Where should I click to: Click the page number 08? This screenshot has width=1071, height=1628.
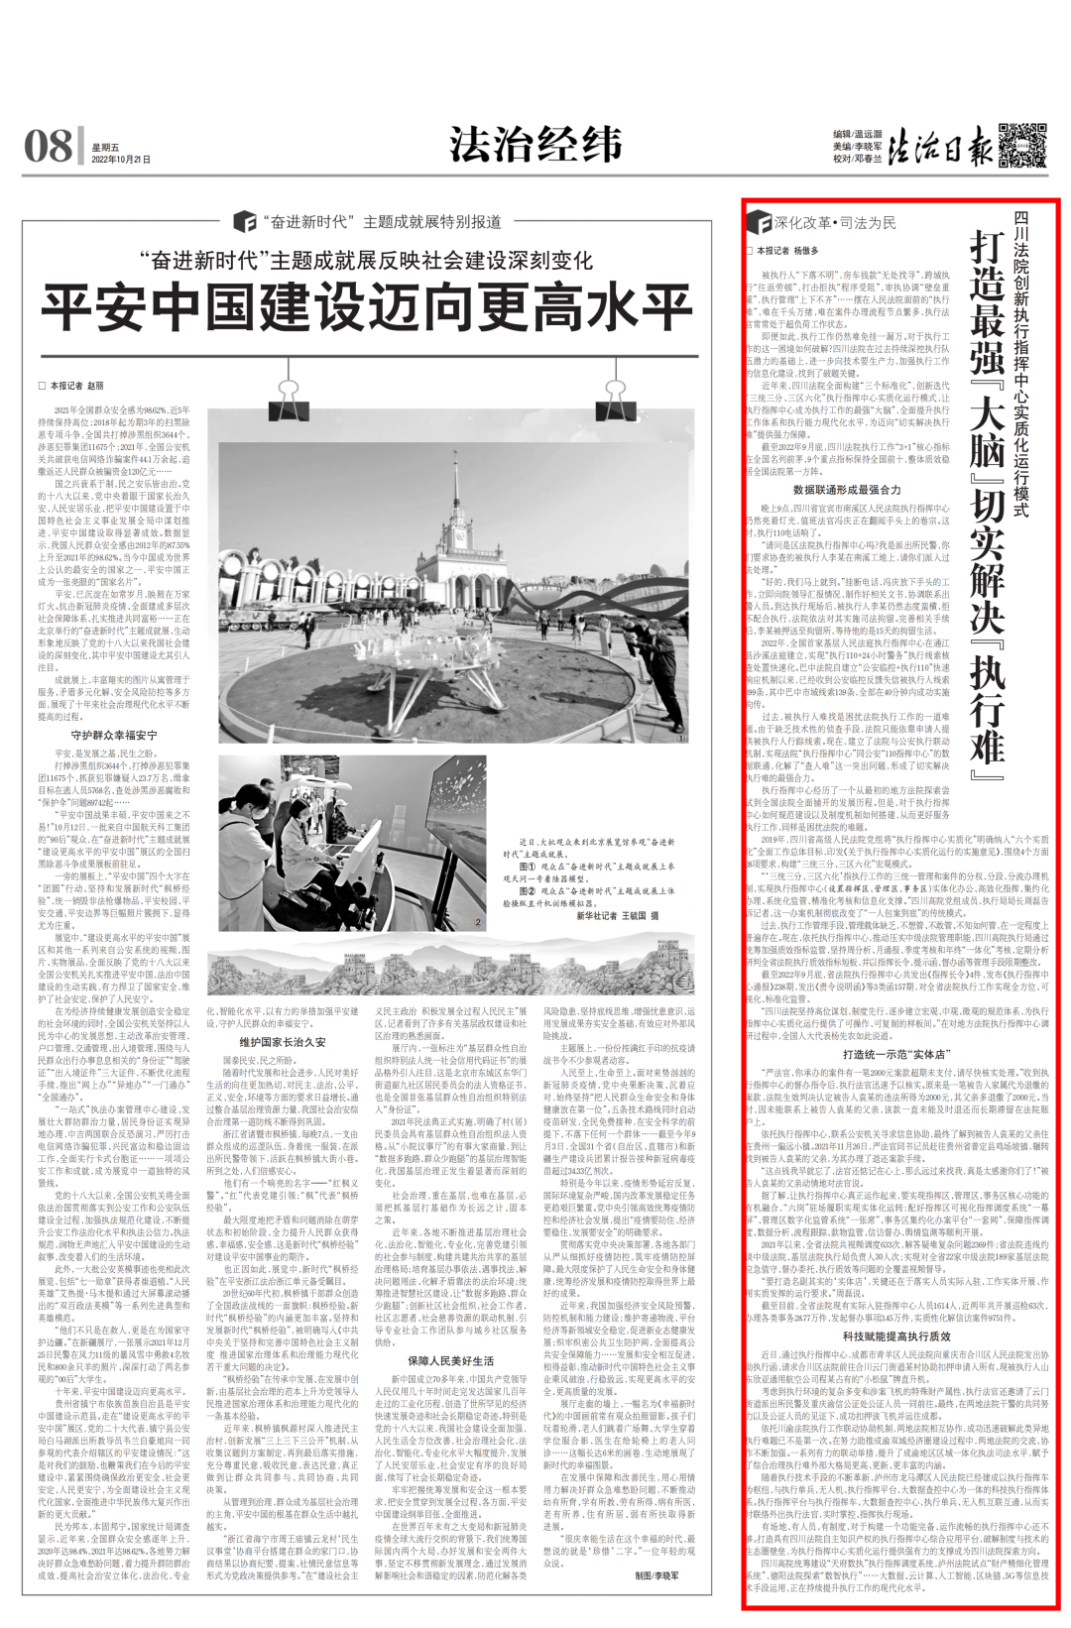[48, 147]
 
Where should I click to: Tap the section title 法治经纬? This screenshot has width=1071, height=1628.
[535, 146]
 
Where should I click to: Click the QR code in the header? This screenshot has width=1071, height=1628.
[1022, 145]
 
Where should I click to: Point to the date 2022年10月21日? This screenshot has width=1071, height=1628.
[121, 159]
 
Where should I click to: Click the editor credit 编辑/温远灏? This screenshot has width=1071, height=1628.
[857, 134]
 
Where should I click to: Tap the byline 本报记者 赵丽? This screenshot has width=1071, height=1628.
[71, 386]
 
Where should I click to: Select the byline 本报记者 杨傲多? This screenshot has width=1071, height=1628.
[787, 252]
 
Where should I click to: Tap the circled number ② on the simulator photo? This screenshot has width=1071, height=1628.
[478, 930]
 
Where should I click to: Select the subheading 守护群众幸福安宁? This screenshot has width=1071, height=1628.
[114, 735]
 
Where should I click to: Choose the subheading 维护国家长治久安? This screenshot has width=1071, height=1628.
[283, 1042]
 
